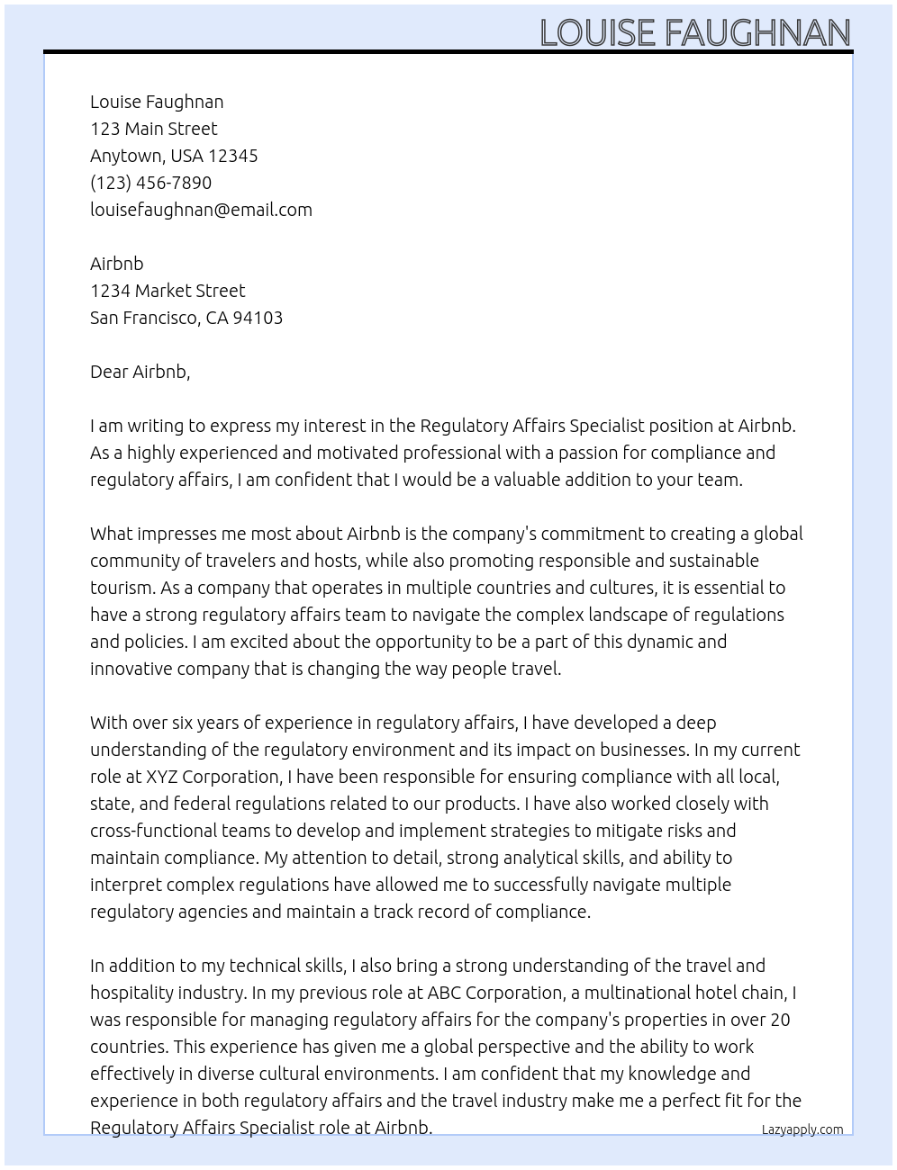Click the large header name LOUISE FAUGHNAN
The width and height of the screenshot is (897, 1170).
coord(694,33)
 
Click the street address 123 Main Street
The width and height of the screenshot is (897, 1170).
coord(153,129)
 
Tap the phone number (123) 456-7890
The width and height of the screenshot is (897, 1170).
coord(150,183)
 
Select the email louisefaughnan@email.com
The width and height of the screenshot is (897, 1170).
coord(201,210)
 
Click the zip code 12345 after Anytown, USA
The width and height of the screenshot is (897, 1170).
coord(232,156)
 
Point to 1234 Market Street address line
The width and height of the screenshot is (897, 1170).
coord(168,291)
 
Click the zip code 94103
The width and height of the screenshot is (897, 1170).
coord(258,318)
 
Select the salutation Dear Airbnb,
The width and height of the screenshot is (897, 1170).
coord(140,372)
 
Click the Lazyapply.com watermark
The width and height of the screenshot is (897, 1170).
coord(802,1129)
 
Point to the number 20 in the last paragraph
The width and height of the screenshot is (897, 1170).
coord(780,1020)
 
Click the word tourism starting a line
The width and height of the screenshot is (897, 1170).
coord(122,588)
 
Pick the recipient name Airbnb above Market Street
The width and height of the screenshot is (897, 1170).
coord(116,264)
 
